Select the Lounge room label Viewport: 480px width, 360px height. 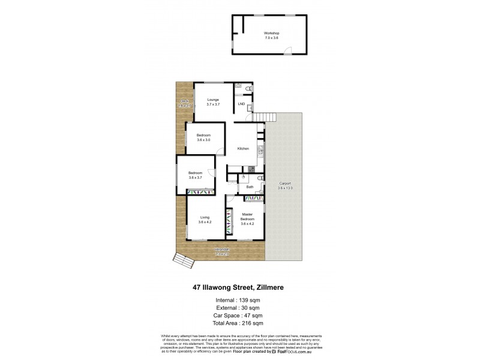(213, 102)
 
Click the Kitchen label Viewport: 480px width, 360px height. (243, 148)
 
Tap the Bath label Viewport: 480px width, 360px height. (249, 187)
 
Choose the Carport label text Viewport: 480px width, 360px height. (285, 185)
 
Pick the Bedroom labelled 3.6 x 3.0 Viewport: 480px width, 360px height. (204, 137)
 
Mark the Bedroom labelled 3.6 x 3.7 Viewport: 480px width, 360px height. (196, 175)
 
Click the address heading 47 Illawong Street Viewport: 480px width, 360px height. (240, 287)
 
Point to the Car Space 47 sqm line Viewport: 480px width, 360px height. (240, 315)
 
